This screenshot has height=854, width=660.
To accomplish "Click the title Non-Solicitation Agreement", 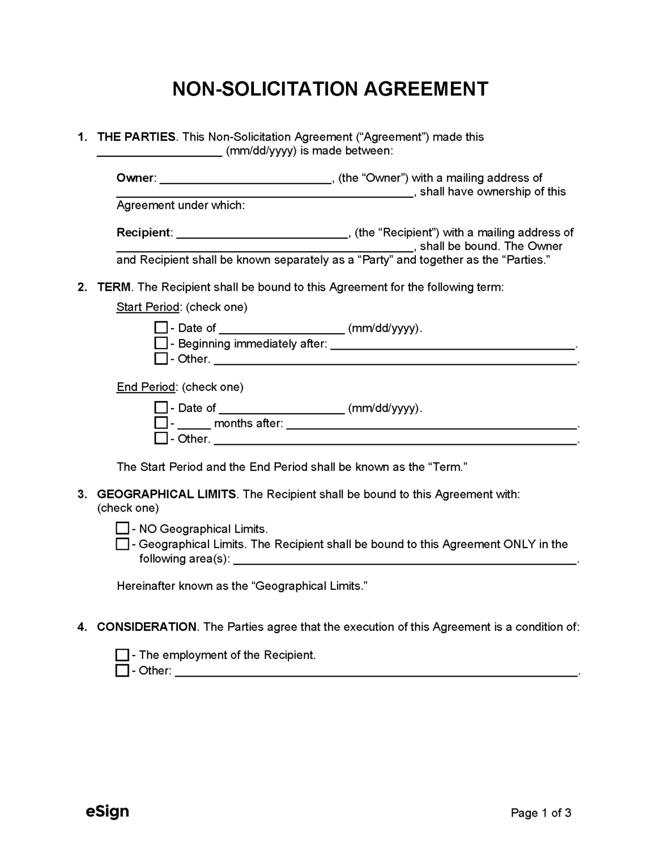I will coord(330,89).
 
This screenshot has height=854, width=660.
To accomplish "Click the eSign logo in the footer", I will coord(107,812).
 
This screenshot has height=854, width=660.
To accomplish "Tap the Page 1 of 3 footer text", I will coord(540,813).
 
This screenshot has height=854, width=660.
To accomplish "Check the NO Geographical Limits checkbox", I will coord(122,528).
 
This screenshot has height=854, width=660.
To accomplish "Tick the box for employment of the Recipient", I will coord(122,655).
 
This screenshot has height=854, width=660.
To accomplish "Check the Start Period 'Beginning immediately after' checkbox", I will coord(161,343).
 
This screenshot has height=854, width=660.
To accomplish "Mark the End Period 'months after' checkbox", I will coord(161,423).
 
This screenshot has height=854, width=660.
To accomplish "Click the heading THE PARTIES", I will coord(136,137).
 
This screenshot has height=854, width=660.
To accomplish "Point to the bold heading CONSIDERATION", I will coord(147,627).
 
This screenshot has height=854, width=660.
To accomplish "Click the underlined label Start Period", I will coord(148,307).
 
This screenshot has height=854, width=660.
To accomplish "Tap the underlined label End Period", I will coord(146,387).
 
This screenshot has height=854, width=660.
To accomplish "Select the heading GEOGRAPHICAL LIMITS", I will coord(166,494).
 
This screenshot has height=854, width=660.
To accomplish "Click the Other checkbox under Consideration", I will coord(122,671).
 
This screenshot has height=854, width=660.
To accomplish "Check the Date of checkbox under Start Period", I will coord(161,327).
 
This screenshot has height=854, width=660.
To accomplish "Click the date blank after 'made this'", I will coord(160,151).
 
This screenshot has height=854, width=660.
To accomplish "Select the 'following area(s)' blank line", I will coord(405,559).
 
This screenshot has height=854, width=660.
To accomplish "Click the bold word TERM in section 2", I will coord(114,287).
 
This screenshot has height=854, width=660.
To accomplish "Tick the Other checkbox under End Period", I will coord(161,439).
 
